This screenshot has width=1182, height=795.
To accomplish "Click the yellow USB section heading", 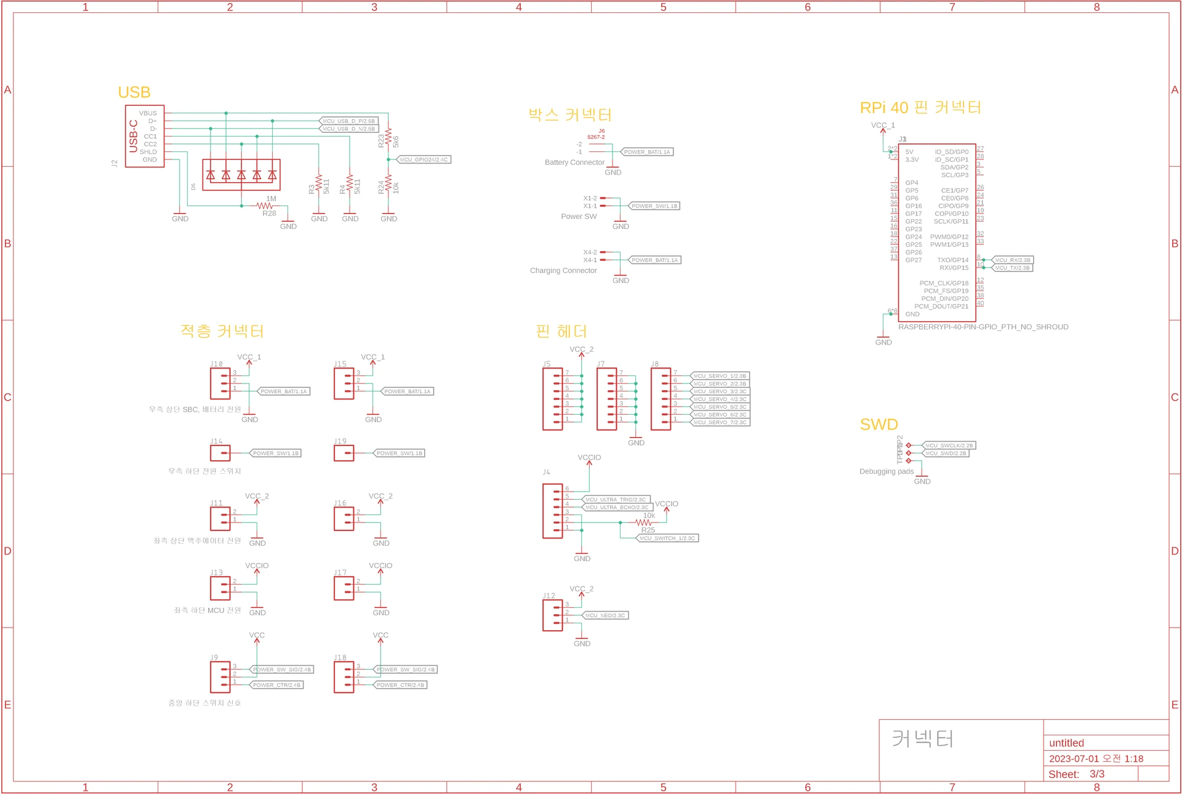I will [x=134, y=92].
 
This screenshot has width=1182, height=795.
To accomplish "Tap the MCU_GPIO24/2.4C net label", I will [x=424, y=160].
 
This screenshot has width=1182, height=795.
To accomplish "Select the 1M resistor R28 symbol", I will [x=265, y=206].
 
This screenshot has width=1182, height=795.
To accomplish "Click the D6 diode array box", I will [x=241, y=175].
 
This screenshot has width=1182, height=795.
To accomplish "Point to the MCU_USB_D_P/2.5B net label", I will [x=348, y=121].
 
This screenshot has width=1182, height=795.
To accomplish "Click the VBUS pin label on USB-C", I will [x=148, y=113].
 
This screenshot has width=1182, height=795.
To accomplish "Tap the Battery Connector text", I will [x=574, y=162].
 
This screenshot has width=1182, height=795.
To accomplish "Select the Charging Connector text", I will [x=563, y=271].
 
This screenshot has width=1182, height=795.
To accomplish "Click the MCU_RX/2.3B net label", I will [x=1012, y=260].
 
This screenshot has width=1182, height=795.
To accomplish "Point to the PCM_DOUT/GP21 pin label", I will [x=941, y=306].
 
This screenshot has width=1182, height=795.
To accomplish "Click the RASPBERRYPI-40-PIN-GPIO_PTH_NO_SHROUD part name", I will [x=983, y=327].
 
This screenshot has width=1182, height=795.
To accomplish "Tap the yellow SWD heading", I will [x=878, y=425].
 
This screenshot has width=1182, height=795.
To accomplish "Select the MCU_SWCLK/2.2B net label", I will [x=949, y=445].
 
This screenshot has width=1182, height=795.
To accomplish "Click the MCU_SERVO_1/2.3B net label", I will [x=719, y=376].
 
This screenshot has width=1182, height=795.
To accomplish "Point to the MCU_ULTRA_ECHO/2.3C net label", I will [x=616, y=508].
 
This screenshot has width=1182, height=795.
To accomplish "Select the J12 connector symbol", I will [x=552, y=615].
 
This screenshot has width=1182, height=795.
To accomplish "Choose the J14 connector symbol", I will [x=220, y=453].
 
